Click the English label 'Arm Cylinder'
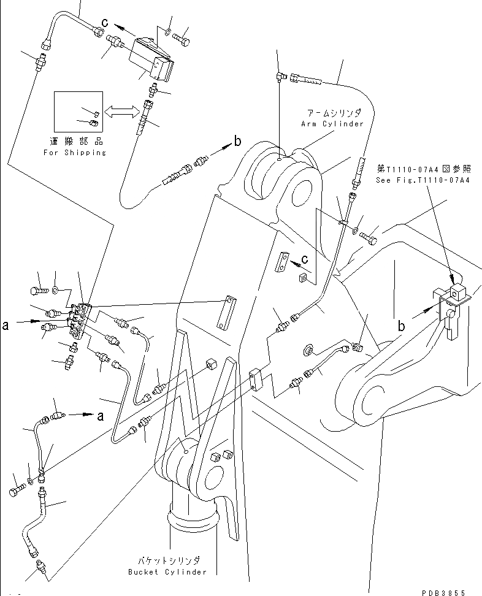(332, 124)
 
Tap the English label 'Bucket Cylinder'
(167, 572)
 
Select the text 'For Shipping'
(75, 152)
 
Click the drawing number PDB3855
(444, 592)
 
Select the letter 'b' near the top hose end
(237, 142)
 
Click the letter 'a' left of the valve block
(6, 326)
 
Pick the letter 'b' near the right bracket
(401, 327)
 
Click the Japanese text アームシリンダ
(335, 113)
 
